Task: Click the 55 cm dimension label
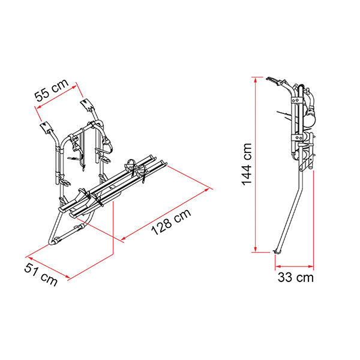(52, 90)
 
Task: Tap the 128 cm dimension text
(171, 222)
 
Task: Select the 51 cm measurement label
(41, 274)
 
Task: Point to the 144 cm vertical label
(247, 164)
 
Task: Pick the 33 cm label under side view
(295, 277)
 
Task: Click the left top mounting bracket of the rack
(46, 127)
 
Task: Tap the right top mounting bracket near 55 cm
(87, 104)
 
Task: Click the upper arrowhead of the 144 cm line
(256, 79)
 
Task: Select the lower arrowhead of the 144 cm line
(256, 250)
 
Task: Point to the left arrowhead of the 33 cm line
(278, 266)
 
